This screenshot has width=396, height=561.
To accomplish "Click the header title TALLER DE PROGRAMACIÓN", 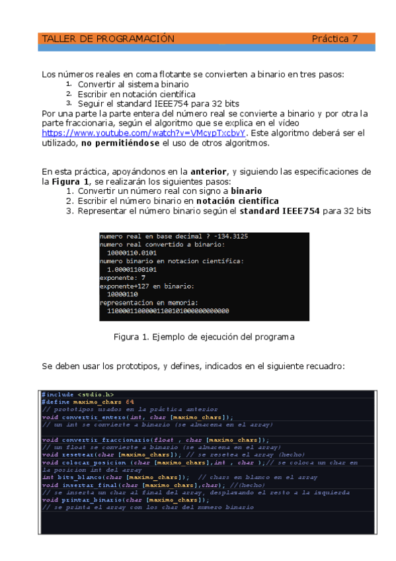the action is (108, 39).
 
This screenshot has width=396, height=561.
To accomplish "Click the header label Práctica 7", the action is (335, 39).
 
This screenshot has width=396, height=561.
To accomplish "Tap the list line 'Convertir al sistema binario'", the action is (133, 85).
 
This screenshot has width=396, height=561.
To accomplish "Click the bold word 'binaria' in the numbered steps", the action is (245, 191).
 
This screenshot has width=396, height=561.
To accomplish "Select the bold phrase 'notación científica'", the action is (237, 200).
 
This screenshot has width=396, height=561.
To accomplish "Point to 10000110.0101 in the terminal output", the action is (132, 253).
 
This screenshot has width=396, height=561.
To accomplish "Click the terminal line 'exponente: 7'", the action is (123, 278).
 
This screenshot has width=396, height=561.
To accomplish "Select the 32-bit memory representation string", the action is (168, 311).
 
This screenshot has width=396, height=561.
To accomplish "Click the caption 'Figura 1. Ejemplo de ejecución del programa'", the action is (204, 337).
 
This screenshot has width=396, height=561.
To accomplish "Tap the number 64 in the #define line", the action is (130, 402).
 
